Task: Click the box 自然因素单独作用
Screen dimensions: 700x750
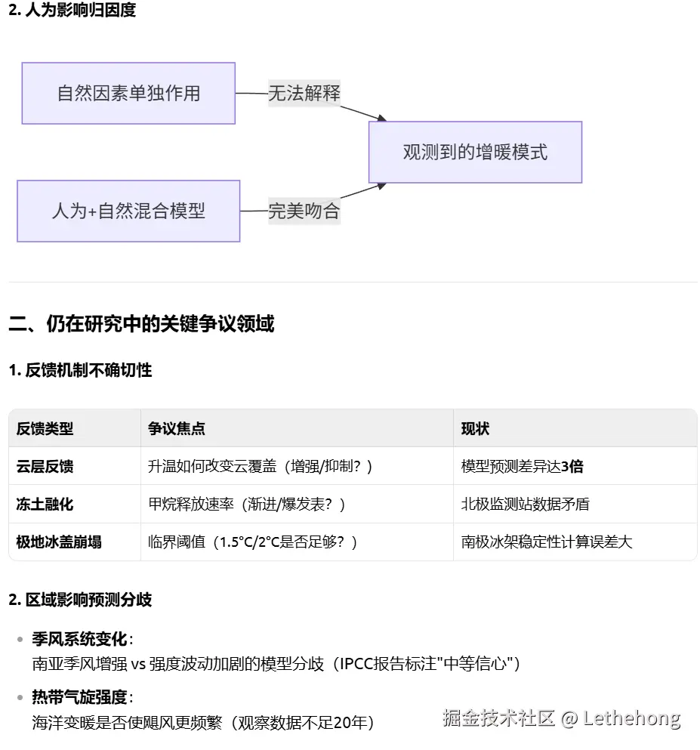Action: (x=128, y=93)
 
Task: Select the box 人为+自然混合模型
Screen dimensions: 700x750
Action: (x=128, y=211)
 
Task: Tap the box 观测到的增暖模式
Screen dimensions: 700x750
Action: (x=475, y=152)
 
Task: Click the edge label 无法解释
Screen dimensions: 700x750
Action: (x=304, y=93)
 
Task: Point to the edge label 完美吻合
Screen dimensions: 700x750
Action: (x=304, y=211)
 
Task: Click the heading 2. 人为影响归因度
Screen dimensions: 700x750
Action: (x=72, y=11)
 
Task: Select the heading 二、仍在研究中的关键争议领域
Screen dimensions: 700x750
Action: (x=141, y=324)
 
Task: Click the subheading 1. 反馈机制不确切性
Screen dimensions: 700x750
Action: (x=80, y=370)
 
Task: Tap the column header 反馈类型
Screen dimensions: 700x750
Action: (x=45, y=428)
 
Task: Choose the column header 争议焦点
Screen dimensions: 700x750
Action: (x=177, y=428)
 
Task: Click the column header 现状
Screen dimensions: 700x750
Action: (x=475, y=428)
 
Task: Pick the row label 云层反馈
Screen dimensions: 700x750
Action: (x=45, y=466)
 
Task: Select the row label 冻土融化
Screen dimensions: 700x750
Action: (x=45, y=504)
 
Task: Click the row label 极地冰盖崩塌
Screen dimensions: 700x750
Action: (x=59, y=542)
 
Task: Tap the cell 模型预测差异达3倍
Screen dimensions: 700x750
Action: (x=522, y=466)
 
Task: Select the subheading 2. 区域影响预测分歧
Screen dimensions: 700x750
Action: (x=80, y=600)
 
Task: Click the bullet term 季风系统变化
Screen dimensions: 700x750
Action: (x=79, y=639)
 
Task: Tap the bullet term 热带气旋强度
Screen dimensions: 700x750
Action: (x=79, y=697)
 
